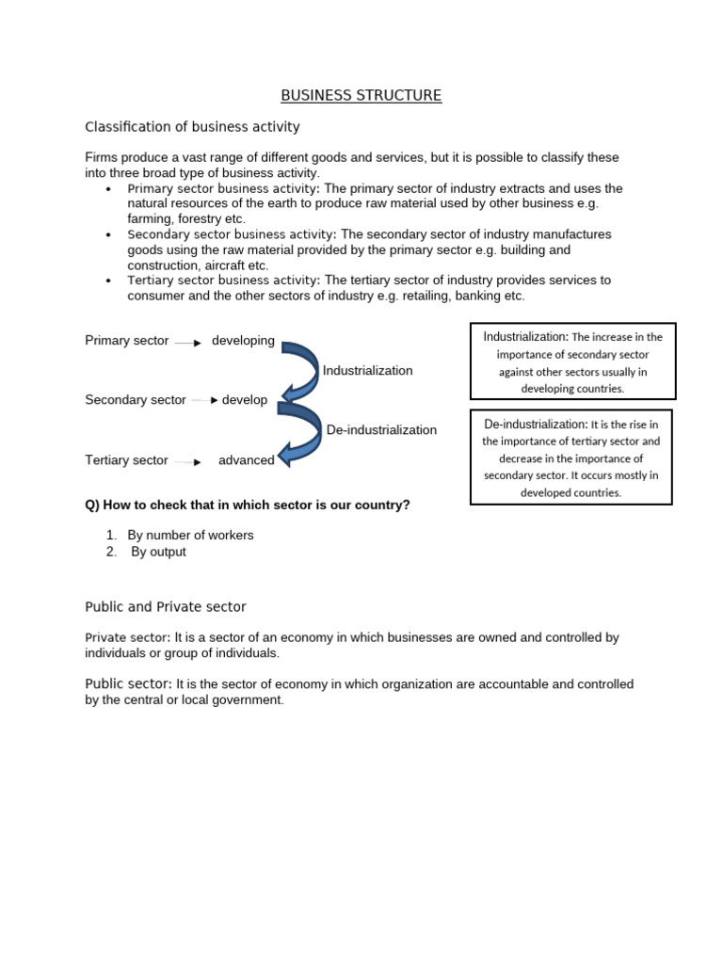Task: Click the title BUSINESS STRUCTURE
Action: click(x=361, y=95)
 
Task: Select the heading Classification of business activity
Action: click(x=192, y=126)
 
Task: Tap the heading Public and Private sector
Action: click(x=166, y=606)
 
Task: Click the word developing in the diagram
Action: click(x=243, y=341)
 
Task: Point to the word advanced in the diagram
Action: click(x=247, y=460)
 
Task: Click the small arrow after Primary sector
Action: click(x=188, y=343)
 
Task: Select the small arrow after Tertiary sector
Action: click(x=187, y=462)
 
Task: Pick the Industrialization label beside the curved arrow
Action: click(x=367, y=371)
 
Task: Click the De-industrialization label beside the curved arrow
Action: click(x=381, y=430)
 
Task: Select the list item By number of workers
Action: click(x=190, y=535)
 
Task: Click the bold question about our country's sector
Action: click(x=248, y=505)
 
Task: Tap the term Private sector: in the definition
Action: click(x=127, y=637)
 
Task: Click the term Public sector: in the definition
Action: click(x=128, y=683)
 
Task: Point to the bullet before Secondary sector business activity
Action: click(x=109, y=235)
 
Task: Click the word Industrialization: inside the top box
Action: click(x=526, y=336)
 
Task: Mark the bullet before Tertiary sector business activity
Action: click(x=109, y=281)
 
